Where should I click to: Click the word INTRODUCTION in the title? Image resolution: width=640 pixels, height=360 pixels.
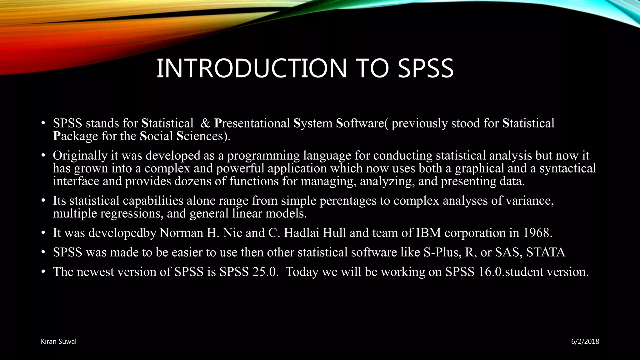(x=251, y=68)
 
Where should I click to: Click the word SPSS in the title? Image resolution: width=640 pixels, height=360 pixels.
(x=425, y=68)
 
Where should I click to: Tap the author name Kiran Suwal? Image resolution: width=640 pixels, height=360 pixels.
(x=58, y=342)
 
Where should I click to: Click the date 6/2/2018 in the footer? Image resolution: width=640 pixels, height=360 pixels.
(x=585, y=342)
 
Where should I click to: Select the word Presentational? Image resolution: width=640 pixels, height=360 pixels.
(x=252, y=123)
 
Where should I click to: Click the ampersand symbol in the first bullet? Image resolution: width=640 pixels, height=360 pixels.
(x=205, y=123)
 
